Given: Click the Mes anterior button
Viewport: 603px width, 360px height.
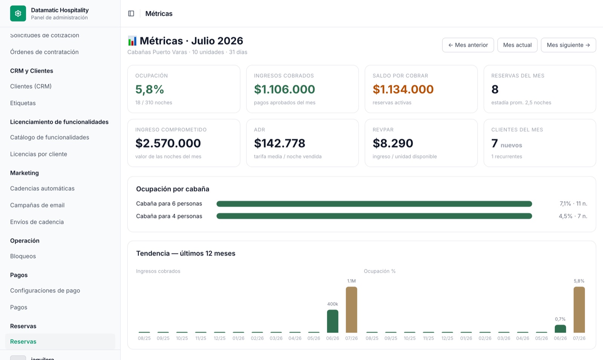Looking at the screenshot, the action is click(468, 45).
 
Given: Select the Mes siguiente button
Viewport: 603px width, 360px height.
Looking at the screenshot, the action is click(568, 45).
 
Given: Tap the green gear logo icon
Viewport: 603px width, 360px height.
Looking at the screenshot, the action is click(18, 14).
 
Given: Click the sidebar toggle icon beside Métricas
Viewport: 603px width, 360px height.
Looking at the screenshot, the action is click(131, 14).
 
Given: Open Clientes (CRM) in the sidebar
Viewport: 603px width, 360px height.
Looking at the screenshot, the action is click(31, 86).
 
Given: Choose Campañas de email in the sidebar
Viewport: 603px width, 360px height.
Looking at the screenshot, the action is click(37, 205).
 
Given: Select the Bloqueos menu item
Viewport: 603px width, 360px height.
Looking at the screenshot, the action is click(23, 256).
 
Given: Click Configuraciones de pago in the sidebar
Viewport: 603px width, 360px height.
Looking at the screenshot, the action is click(45, 291).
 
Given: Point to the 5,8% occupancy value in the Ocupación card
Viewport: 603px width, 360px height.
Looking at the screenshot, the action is click(150, 89).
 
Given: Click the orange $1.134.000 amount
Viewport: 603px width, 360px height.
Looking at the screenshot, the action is click(403, 89).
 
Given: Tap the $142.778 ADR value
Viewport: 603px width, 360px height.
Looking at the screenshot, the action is click(279, 143).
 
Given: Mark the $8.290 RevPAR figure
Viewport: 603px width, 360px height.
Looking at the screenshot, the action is click(393, 143).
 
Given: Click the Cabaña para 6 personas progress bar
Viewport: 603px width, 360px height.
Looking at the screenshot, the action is click(374, 204).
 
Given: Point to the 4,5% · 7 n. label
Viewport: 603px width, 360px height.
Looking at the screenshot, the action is click(573, 216).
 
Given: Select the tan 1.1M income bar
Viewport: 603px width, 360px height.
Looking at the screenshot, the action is click(351, 309).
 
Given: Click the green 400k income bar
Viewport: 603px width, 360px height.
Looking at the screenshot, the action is click(332, 321).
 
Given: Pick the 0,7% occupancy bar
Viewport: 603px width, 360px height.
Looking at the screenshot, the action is click(560, 329).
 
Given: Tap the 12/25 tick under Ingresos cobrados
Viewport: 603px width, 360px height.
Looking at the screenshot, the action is click(220, 338).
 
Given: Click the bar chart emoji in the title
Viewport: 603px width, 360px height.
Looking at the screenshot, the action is click(132, 41).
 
